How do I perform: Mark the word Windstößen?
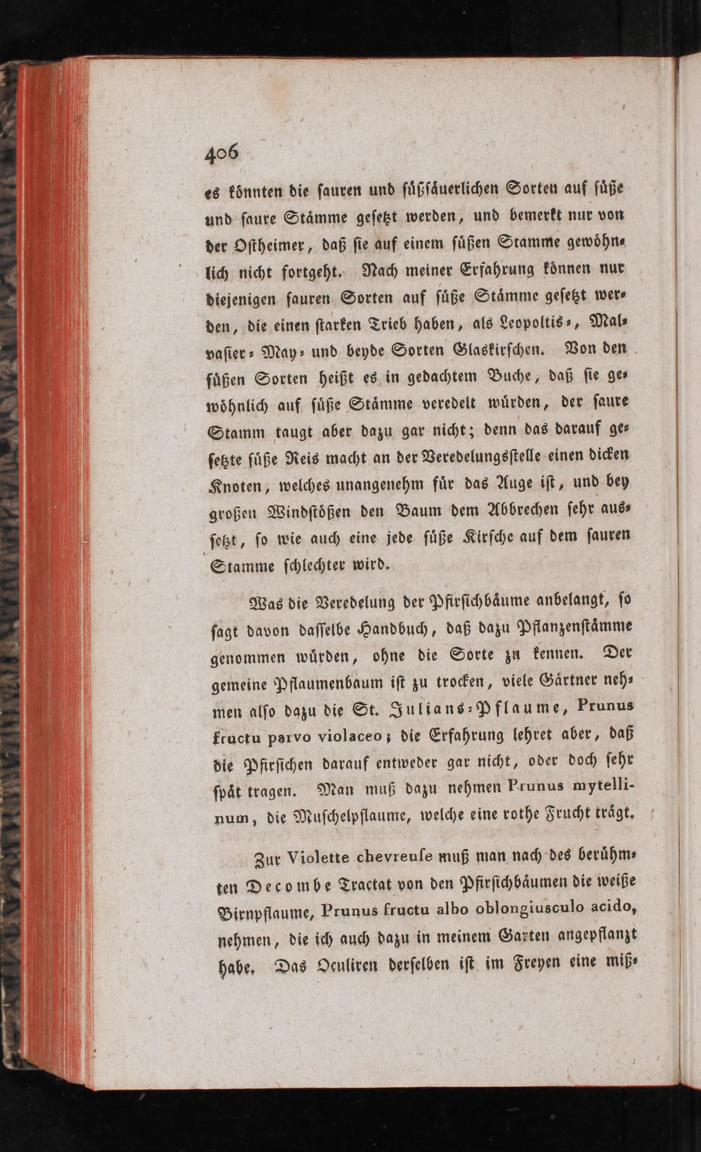tap(313, 511)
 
